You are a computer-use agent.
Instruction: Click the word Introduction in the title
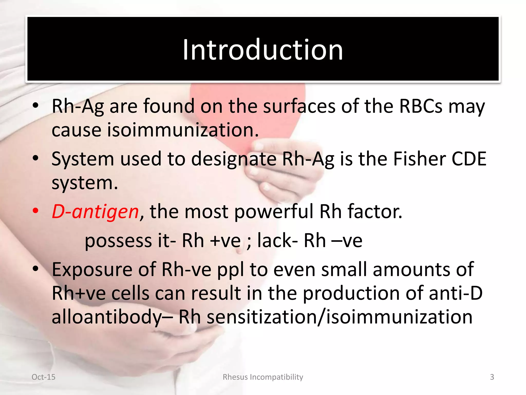click(262, 50)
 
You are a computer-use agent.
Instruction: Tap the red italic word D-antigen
click(95, 212)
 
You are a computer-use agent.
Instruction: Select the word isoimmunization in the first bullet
click(182, 130)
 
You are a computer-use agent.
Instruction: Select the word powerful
click(274, 212)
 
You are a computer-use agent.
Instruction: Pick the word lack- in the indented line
click(277, 241)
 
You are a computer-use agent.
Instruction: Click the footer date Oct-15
click(43, 377)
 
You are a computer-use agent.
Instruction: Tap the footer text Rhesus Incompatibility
click(263, 377)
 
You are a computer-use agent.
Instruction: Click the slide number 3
click(492, 377)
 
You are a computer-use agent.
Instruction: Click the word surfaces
click(299, 106)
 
